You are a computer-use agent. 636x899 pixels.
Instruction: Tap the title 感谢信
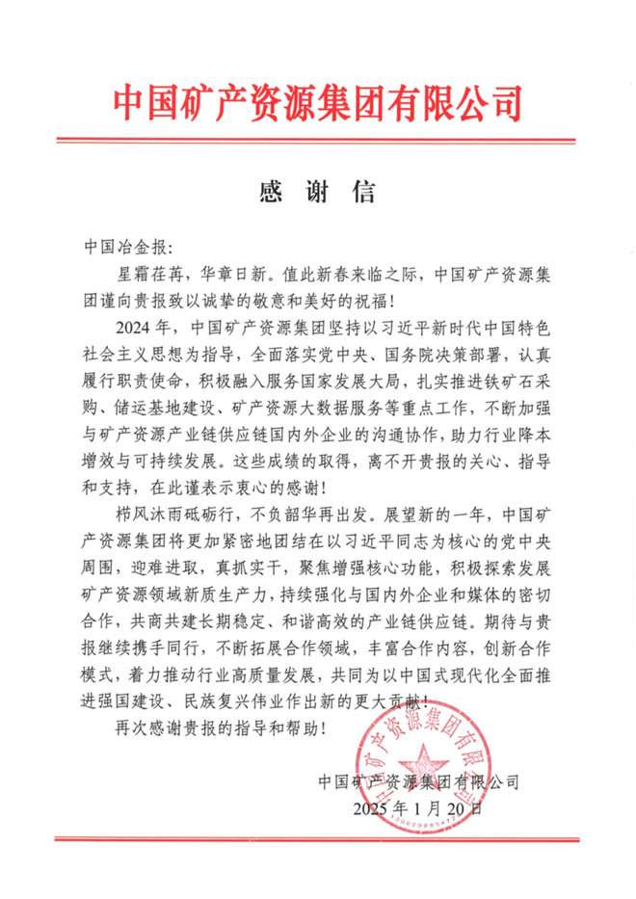pyautogui.click(x=317, y=191)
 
